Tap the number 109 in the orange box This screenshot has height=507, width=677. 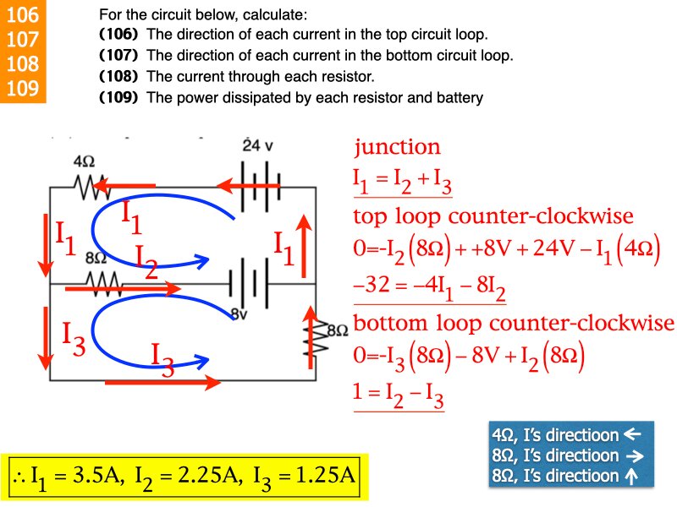(22, 88)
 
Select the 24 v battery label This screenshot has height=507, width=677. (257, 144)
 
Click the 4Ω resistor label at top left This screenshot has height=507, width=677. (83, 161)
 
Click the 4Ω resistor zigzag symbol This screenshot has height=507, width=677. (90, 187)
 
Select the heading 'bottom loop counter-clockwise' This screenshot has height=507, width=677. (513, 324)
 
